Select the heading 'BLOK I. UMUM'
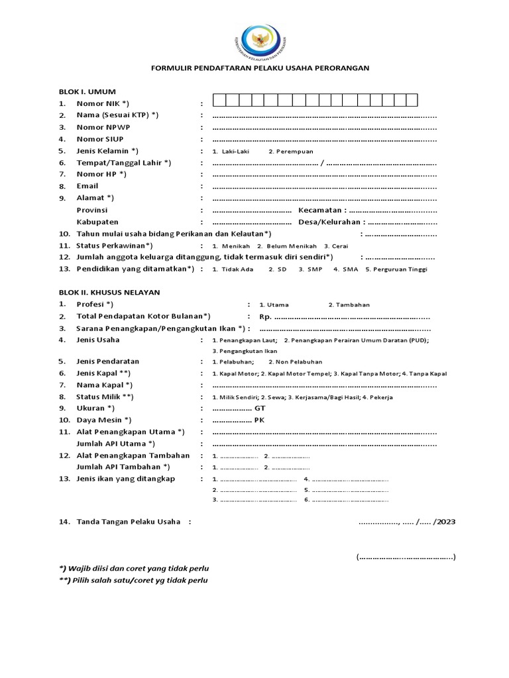[87, 92]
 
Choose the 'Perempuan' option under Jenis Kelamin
[291, 152]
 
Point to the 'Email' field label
[87, 187]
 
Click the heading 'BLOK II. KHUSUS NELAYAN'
[109, 292]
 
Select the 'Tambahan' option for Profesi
[349, 305]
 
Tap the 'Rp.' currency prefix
[265, 316]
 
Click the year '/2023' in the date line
[445, 522]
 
